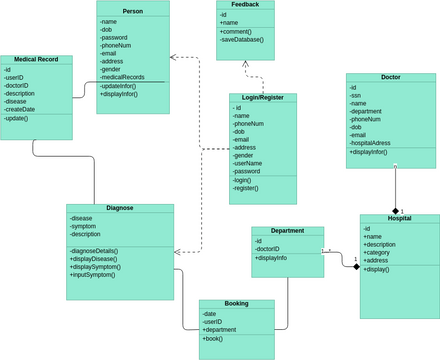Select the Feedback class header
point(244,5)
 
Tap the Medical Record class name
point(36,59)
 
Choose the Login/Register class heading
point(263,98)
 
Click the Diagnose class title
point(119,208)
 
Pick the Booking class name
point(236,303)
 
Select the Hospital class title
point(399,218)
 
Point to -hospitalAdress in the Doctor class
point(378,143)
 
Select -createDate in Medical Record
point(23,109)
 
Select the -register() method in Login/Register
point(247,188)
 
